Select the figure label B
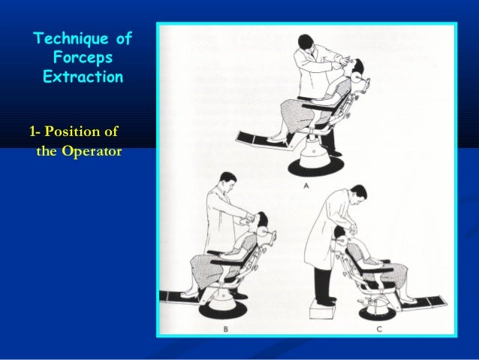point(226,328)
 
